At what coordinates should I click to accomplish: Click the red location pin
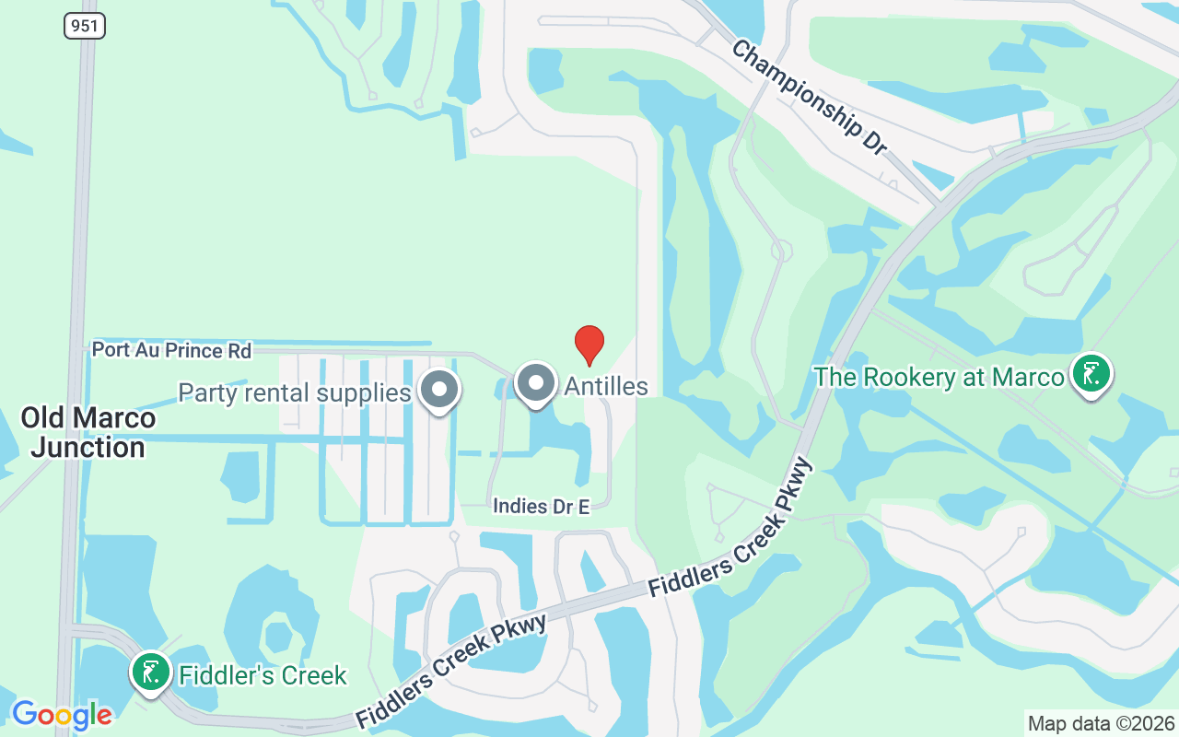tap(589, 345)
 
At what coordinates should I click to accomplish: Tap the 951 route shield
tap(85, 26)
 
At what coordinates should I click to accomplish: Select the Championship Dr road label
tap(808, 95)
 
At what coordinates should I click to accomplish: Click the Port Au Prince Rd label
tap(171, 351)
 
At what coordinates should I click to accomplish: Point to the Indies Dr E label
tap(541, 506)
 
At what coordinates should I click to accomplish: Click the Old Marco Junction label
tap(88, 432)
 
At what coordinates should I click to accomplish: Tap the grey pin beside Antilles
tap(535, 383)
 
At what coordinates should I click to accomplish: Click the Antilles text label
tap(606, 386)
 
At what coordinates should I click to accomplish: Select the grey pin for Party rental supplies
tap(439, 390)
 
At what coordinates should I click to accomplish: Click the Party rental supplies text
tap(294, 393)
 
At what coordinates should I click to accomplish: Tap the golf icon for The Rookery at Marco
tap(1091, 374)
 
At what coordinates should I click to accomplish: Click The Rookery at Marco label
tap(939, 377)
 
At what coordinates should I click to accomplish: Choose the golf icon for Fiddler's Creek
tap(150, 672)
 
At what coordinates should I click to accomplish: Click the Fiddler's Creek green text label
tap(263, 675)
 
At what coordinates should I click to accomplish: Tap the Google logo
tap(62, 715)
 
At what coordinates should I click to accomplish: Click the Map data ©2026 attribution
tap(1102, 723)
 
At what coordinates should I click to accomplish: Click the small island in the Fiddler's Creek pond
tap(275, 636)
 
